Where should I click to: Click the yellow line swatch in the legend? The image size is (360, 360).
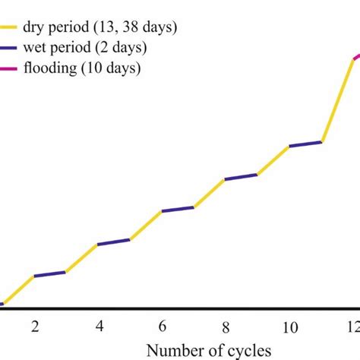pos(14,29)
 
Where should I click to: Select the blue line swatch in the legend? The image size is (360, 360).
pos(14,49)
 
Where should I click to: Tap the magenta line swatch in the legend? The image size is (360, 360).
pos(14,68)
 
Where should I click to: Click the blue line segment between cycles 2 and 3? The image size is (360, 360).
pos(50,273)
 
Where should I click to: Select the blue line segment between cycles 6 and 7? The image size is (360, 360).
pos(178,208)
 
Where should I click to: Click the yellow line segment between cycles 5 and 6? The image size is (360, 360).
pos(147,225)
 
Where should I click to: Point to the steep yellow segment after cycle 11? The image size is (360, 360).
pos(338,99)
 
